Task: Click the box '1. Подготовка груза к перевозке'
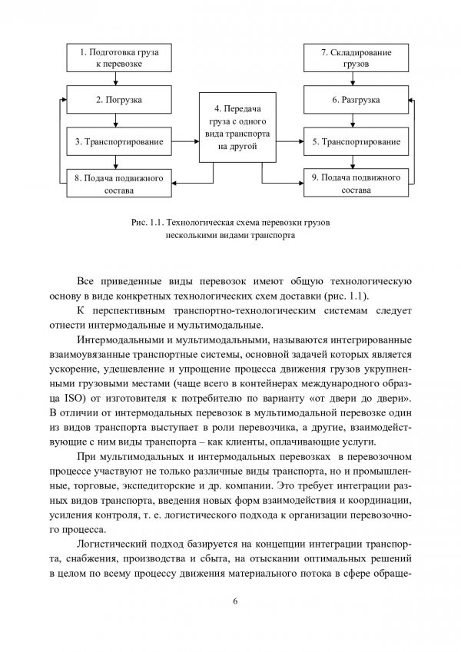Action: pos(114,58)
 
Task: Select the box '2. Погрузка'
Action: pos(114,100)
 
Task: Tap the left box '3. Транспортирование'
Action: pos(114,141)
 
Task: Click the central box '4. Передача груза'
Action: pos(231,127)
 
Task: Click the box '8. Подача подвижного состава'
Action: pos(114,184)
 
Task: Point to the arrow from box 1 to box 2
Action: pos(114,79)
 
